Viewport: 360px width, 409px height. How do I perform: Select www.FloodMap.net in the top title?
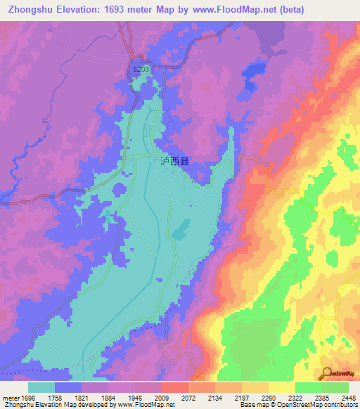(x=236, y=9)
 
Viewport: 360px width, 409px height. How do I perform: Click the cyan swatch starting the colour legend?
(x=41, y=387)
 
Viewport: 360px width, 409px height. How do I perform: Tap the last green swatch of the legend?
(x=335, y=387)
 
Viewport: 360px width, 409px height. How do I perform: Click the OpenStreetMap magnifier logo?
(x=326, y=372)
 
